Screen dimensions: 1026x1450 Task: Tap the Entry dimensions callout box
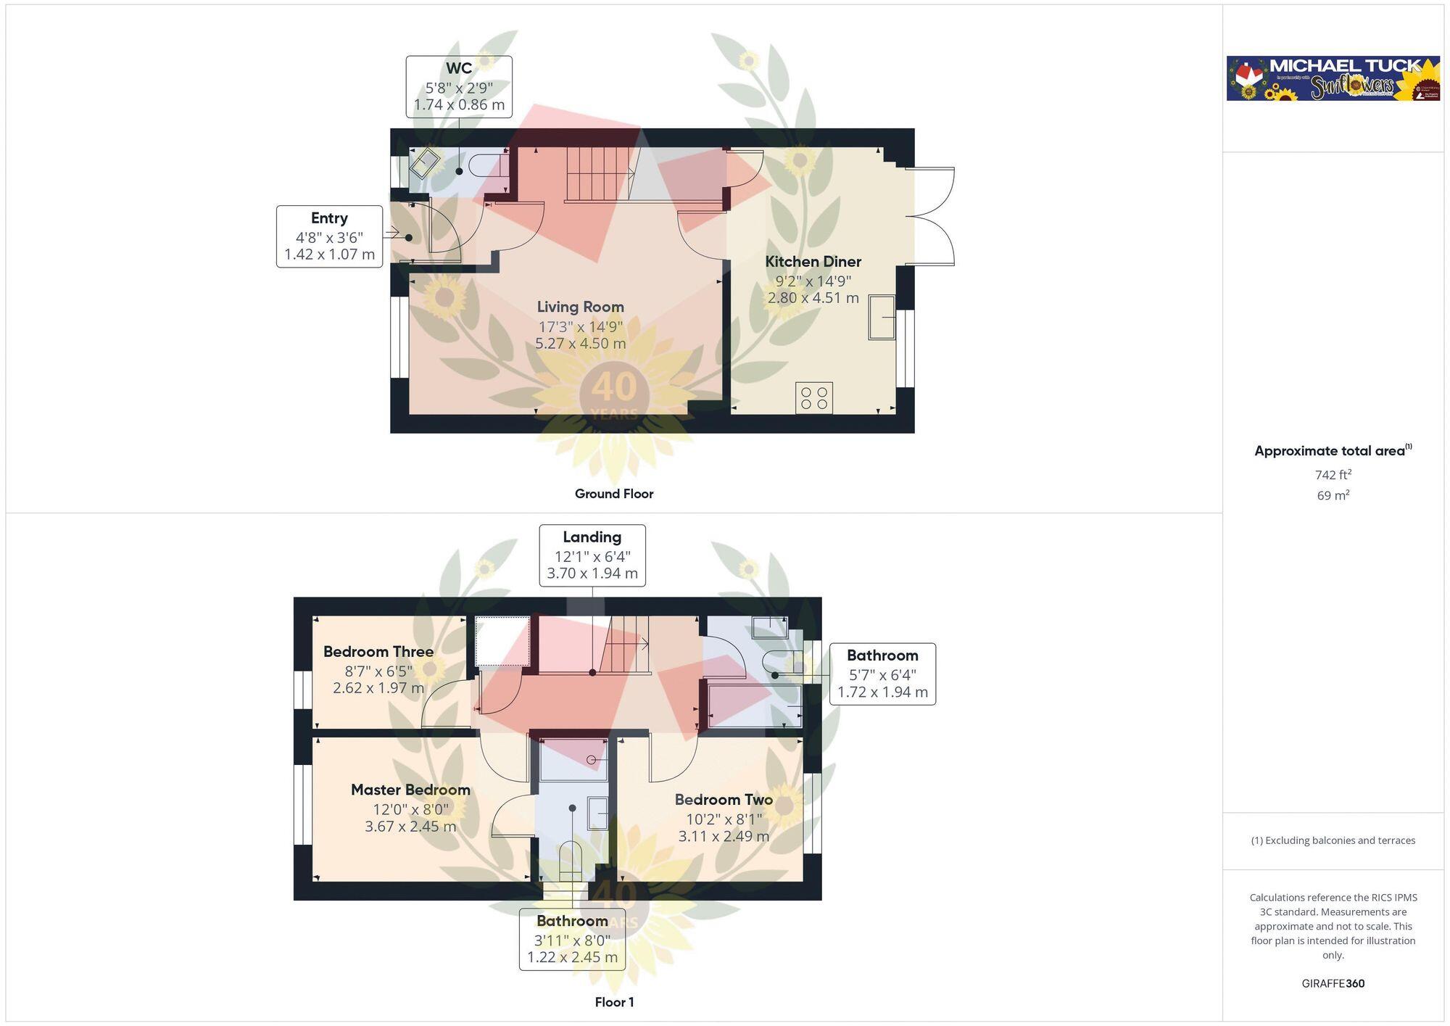click(329, 236)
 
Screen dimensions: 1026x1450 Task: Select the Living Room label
click(580, 307)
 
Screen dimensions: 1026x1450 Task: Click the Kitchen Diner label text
click(813, 262)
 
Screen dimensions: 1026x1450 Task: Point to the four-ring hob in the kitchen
click(813, 398)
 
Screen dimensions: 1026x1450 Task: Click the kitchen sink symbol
click(882, 317)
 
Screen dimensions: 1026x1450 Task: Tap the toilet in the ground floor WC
click(487, 165)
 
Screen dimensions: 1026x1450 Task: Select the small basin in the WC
click(424, 163)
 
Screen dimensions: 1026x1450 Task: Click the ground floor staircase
click(596, 174)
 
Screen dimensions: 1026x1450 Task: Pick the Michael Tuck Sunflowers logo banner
click(1333, 78)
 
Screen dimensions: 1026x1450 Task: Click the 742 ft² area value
click(1333, 475)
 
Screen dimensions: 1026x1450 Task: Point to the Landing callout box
click(592, 555)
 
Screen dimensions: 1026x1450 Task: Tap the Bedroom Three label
click(378, 652)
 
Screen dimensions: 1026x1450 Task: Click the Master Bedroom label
click(410, 790)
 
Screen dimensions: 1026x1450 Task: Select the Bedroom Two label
click(724, 800)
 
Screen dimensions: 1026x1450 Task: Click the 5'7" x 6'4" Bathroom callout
click(882, 674)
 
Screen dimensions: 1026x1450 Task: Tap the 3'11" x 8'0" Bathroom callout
click(572, 939)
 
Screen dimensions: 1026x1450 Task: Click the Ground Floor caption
click(614, 494)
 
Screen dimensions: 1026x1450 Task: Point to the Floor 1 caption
click(614, 1002)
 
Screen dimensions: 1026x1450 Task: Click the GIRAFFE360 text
click(1333, 984)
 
